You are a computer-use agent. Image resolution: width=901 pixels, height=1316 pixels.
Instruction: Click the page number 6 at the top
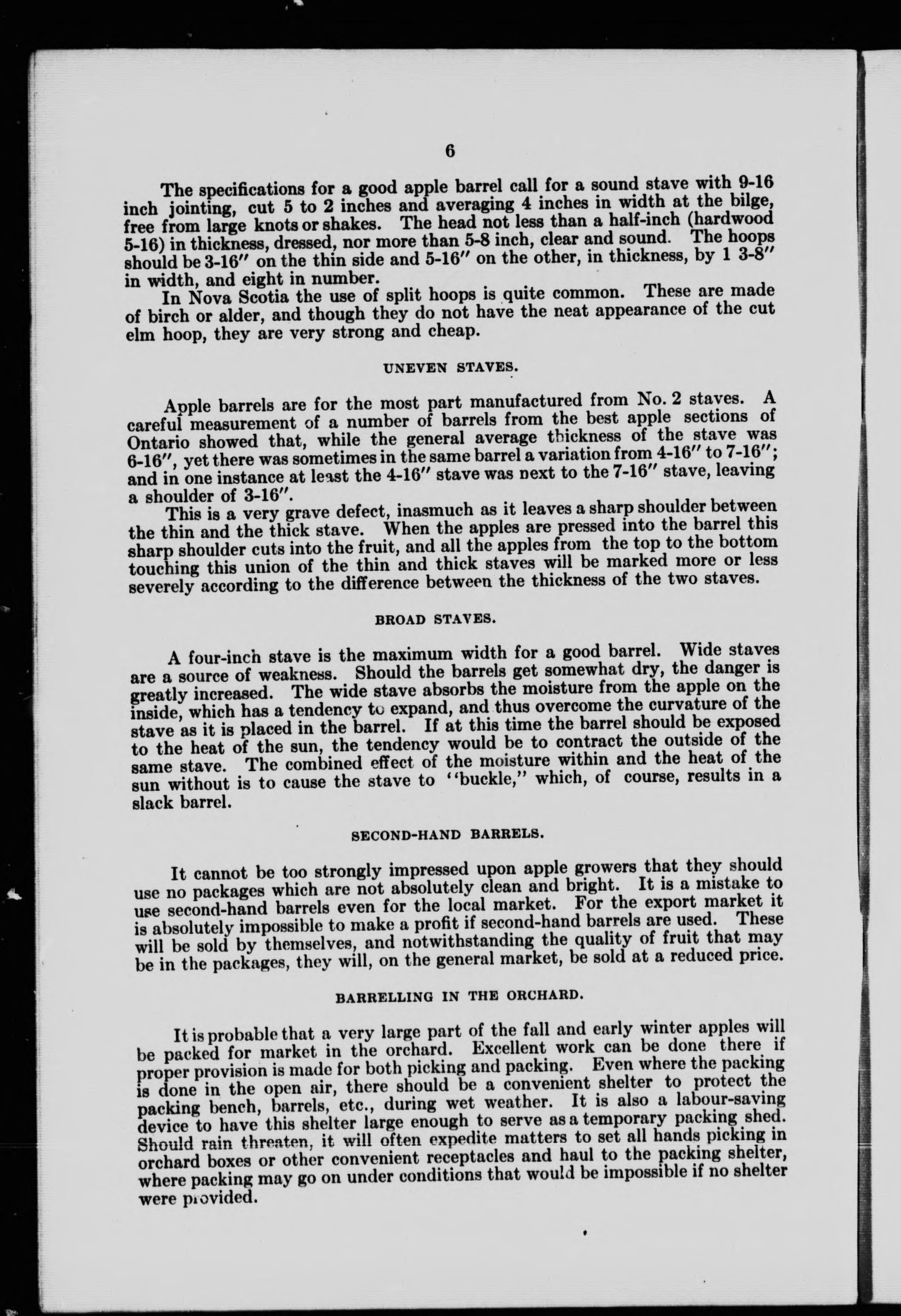(450, 152)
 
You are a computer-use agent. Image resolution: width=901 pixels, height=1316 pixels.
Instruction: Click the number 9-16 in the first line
(756, 183)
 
